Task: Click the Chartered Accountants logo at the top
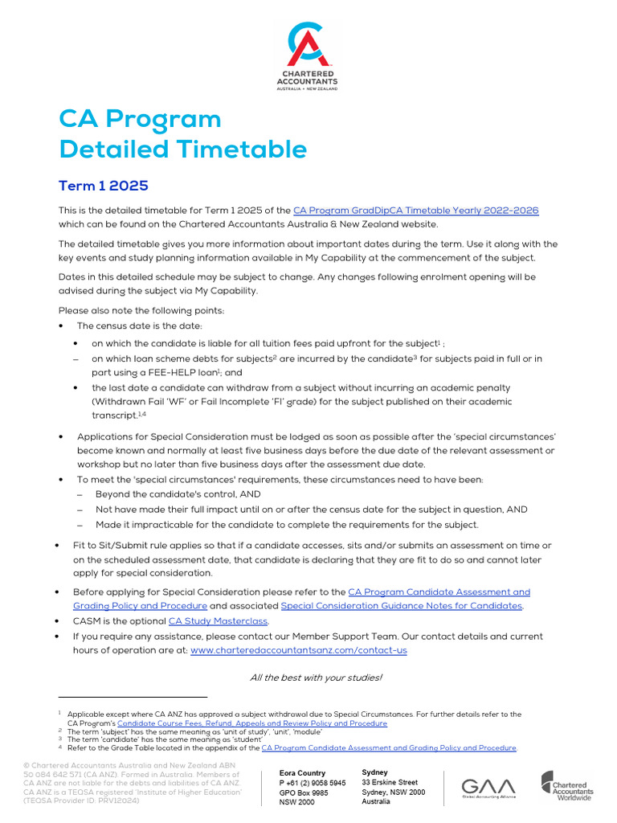tap(307, 56)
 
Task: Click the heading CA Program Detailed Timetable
tap(182, 134)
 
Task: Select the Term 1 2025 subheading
tap(104, 186)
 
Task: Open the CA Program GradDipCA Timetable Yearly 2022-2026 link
tap(415, 211)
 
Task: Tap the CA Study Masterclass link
tap(218, 621)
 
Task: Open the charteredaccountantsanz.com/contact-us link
tap(298, 650)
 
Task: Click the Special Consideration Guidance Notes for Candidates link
tap(401, 606)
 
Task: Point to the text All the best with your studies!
tap(316, 678)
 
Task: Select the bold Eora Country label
tap(302, 773)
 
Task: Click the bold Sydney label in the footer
tap(374, 772)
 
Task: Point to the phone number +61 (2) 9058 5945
tap(313, 783)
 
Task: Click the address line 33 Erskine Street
tap(390, 782)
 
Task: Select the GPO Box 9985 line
tap(304, 792)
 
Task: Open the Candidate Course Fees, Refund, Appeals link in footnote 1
tap(251, 723)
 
